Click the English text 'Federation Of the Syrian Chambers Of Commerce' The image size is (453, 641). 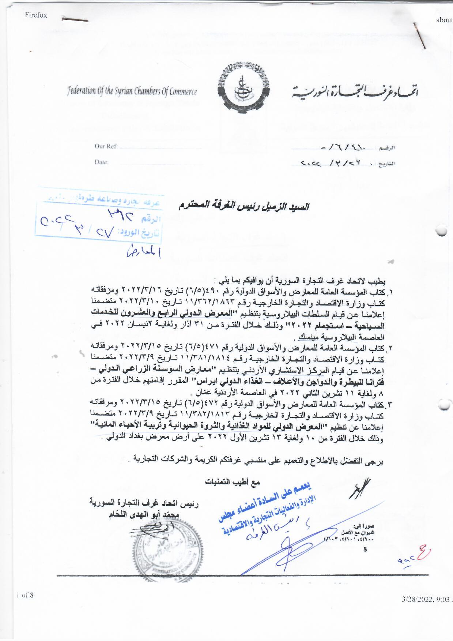pos(132,91)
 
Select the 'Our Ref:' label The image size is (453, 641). pos(106,146)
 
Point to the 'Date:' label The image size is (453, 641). pos(101,162)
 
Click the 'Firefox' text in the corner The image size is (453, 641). pos(36,15)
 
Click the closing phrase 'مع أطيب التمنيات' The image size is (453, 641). pos(232,482)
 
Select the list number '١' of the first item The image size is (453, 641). pos(389,293)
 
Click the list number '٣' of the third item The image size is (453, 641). pos(389,404)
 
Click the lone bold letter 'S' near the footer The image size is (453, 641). pos(365,549)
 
